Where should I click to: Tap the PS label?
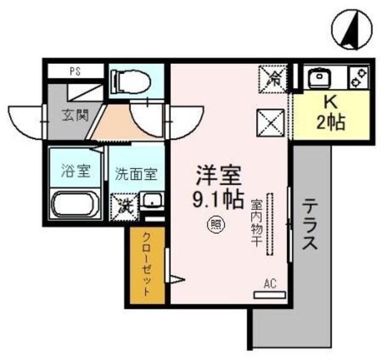click(75, 72)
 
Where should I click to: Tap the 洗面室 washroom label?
click(136, 175)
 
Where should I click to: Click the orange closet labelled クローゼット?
click(147, 266)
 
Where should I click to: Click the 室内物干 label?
click(256, 224)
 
